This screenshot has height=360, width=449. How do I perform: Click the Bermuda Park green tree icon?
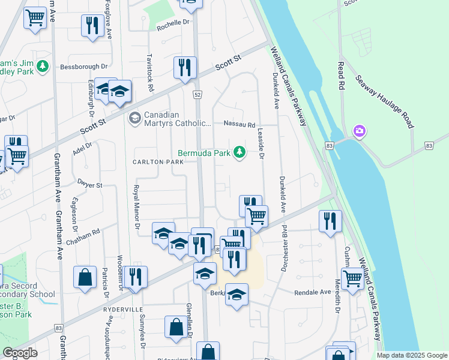pos(240,152)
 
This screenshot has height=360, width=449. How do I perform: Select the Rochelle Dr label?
pos(173,28)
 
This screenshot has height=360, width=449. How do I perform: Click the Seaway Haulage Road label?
pos(384,101)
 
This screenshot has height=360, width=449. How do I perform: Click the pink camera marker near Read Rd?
pos(360,131)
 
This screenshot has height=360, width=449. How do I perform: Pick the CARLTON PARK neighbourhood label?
pos(158,163)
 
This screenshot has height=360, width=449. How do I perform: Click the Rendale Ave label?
pos(312,292)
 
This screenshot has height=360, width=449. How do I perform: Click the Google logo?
pos(20,353)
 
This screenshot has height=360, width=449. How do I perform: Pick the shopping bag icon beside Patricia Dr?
pos(85,277)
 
